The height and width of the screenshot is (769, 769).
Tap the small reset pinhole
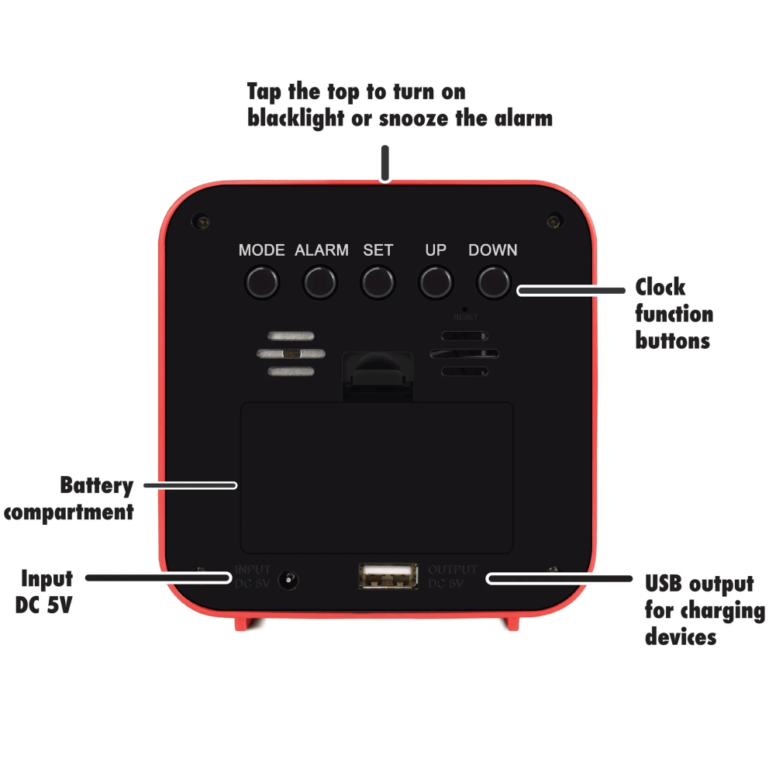pyautogui.click(x=464, y=309)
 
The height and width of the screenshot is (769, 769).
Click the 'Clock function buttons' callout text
pyautogui.click(x=674, y=313)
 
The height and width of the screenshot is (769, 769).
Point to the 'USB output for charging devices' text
pyautogui.click(x=704, y=609)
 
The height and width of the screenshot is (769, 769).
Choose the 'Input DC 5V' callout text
pyautogui.click(x=46, y=591)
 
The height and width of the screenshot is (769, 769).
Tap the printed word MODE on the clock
pyautogui.click(x=261, y=250)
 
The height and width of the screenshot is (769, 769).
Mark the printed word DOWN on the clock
pyautogui.click(x=493, y=250)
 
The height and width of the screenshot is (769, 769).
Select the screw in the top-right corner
pyautogui.click(x=553, y=221)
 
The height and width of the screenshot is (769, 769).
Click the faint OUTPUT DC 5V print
pyautogui.click(x=453, y=577)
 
